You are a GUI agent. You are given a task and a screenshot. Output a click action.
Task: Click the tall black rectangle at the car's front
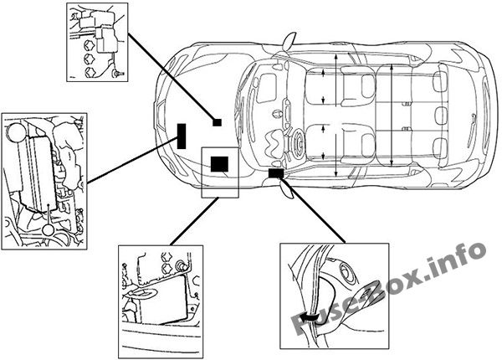pos(182,136)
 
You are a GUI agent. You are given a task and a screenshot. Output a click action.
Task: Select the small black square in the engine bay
pos(217,122)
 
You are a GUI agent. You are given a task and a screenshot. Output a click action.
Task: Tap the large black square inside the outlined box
pos(219,164)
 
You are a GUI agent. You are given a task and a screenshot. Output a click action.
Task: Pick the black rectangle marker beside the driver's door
pos(275,173)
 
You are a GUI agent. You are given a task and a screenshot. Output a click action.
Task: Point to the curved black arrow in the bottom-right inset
pos(308,317)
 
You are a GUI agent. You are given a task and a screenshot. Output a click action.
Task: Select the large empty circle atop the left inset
pos(16,132)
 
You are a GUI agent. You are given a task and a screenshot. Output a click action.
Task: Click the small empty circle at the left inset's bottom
pos(49,230)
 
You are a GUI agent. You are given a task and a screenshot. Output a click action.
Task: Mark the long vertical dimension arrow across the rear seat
pos(392,115)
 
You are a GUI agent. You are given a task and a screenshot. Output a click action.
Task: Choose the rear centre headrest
pos(441,115)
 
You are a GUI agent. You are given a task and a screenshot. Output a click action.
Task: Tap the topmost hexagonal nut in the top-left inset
pos(89,45)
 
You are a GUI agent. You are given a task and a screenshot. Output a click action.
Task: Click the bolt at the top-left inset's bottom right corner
pos(118,74)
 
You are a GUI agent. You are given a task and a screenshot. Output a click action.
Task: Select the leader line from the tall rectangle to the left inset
pos(132,160)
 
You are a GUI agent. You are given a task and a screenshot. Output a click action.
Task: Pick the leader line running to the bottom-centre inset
pos(194,222)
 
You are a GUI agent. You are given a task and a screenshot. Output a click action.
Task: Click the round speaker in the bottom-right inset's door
pos(346,273)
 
